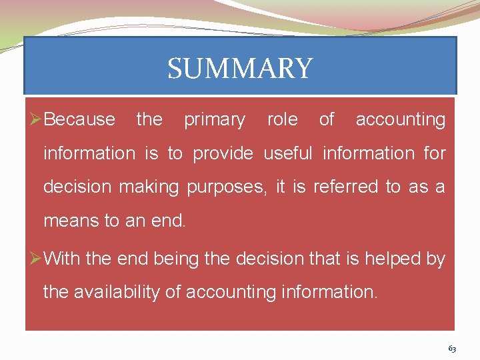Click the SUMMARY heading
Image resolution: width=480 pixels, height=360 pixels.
coord(239,69)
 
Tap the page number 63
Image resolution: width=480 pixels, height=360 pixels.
coord(452,349)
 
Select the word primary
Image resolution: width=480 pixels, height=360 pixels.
coord(215,121)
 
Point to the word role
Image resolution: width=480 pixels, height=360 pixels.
coord(282,120)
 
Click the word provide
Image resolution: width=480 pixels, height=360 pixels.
coord(223,154)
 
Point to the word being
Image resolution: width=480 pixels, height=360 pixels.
coord(176,259)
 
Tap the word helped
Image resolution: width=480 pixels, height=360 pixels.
coord(391,258)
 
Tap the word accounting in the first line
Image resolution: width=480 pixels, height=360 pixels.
coord(400,121)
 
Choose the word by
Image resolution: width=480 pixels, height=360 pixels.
coord(435,259)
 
